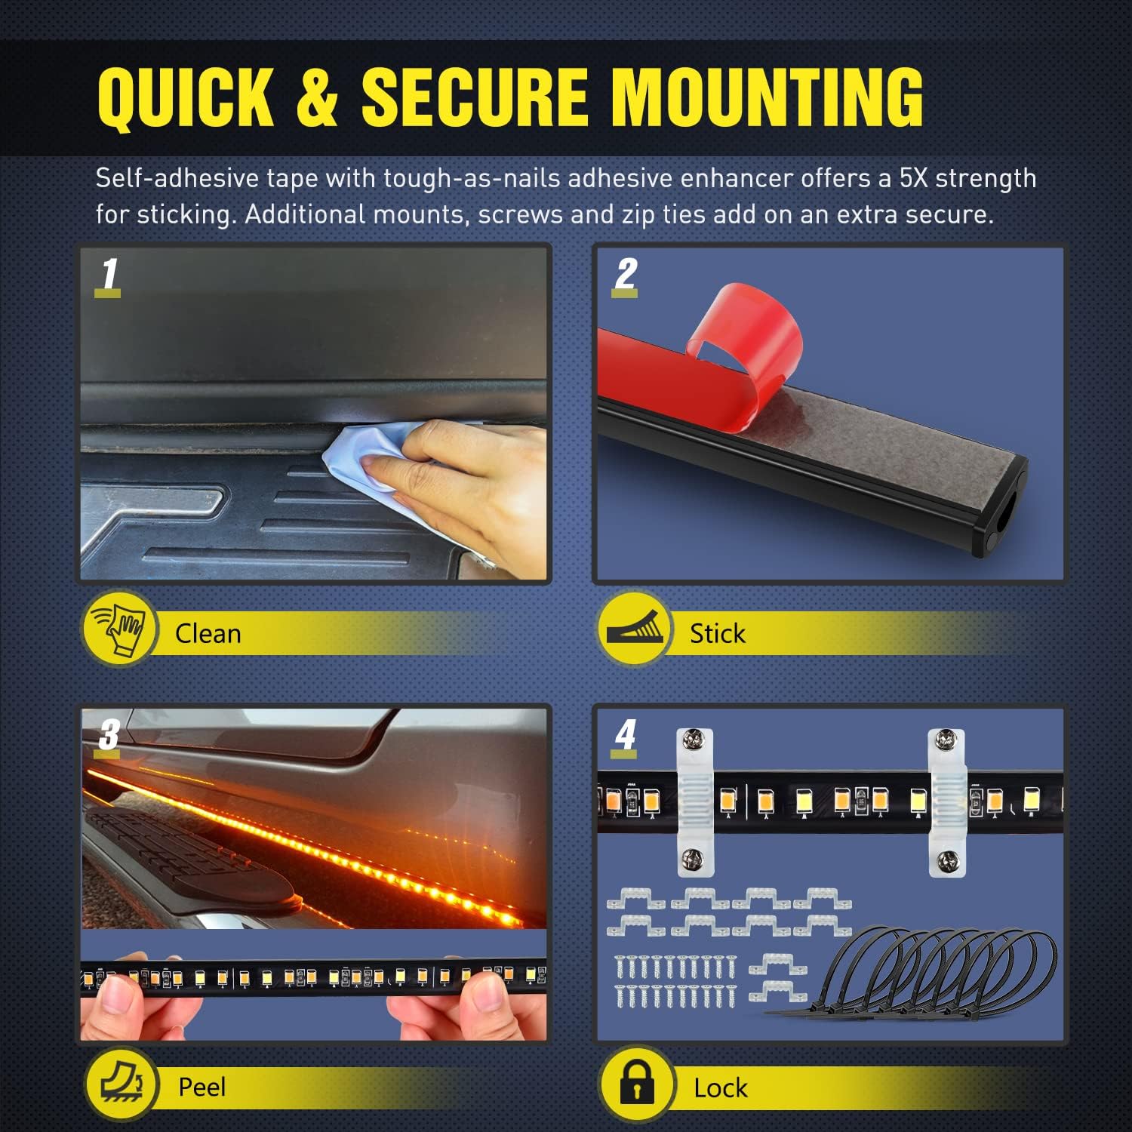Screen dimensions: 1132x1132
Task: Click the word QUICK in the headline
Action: point(186,98)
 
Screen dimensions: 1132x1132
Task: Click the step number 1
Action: point(110,274)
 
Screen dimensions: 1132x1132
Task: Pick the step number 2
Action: point(626,274)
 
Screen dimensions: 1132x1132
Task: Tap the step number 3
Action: point(109,734)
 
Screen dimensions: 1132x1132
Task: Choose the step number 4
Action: point(625,734)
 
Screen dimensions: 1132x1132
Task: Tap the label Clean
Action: point(208,633)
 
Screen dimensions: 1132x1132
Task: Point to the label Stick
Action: point(717,633)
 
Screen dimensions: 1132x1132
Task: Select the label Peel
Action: point(201,1087)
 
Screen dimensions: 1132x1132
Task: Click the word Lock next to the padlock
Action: point(720,1087)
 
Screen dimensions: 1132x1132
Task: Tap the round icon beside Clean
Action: point(119,628)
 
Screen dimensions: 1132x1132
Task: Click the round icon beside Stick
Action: point(635,628)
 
